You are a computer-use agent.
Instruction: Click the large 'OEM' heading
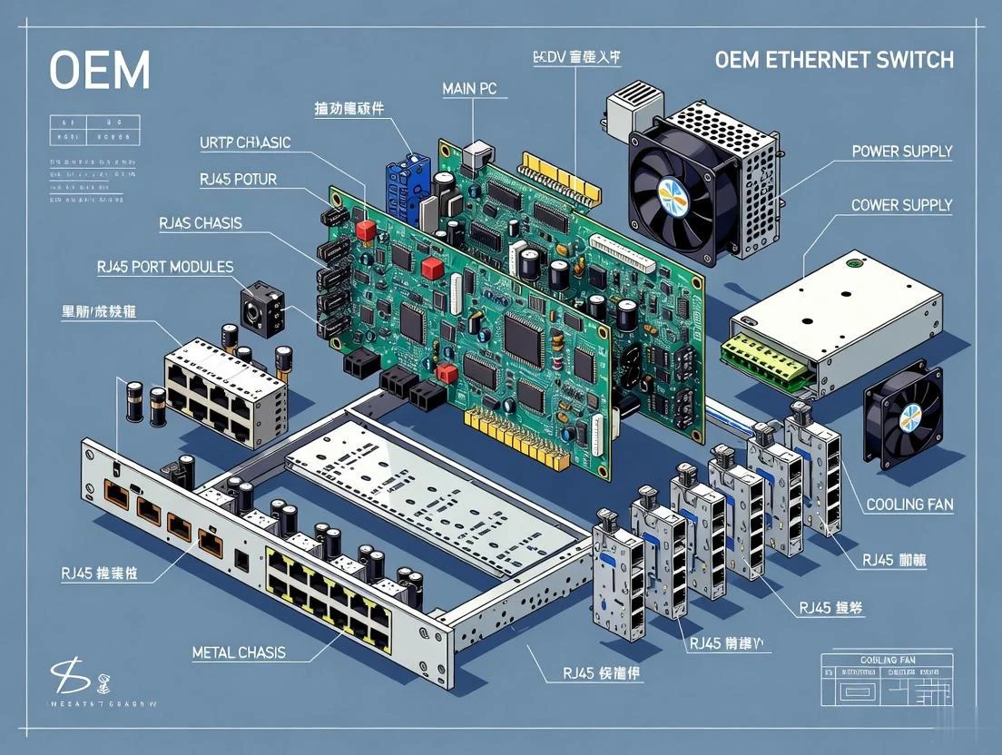pos(100,69)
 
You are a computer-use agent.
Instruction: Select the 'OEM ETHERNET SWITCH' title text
pos(834,61)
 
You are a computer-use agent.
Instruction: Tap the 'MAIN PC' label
pos(475,89)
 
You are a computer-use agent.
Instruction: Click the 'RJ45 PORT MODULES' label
pos(164,267)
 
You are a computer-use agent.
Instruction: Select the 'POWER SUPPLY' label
pos(902,152)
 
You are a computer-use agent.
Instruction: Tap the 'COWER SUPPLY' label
pos(901,205)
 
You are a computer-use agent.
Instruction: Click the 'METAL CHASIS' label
pos(239,652)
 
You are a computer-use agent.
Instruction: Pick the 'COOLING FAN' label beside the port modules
pos(909,504)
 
